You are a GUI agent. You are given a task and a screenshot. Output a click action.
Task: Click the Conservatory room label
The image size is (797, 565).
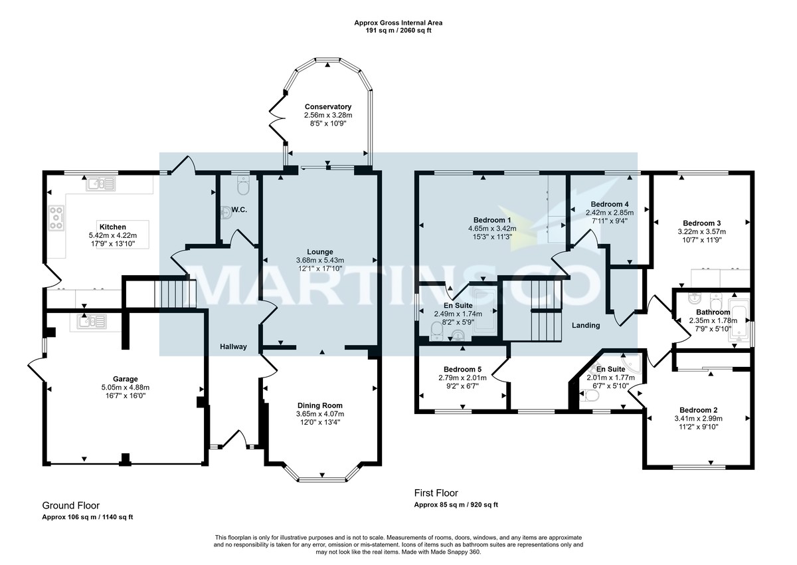pyautogui.click(x=327, y=107)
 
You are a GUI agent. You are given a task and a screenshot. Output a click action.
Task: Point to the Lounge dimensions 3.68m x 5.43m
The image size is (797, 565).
pyautogui.click(x=320, y=260)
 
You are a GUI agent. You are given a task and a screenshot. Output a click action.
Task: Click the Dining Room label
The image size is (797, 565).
pyautogui.click(x=320, y=405)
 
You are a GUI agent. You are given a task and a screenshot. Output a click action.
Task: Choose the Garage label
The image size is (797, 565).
pyautogui.click(x=125, y=379)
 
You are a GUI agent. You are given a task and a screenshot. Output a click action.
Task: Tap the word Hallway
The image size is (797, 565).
pyautogui.click(x=234, y=346)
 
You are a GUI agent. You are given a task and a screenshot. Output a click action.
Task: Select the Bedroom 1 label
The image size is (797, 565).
pyautogui.click(x=492, y=220)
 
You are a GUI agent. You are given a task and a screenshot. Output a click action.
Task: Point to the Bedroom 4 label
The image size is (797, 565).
pyautogui.click(x=609, y=204)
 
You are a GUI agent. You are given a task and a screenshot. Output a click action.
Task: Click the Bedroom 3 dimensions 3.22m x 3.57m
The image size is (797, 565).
pyautogui.click(x=701, y=232)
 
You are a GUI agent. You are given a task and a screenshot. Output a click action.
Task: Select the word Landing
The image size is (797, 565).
pyautogui.click(x=585, y=325)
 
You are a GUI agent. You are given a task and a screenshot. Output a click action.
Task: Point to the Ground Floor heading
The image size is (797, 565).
pyautogui.click(x=71, y=506)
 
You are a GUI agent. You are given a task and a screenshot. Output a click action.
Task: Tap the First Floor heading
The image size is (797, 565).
pyautogui.click(x=436, y=493)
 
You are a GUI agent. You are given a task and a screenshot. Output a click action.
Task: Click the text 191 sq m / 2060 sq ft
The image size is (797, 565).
pyautogui.click(x=398, y=31)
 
